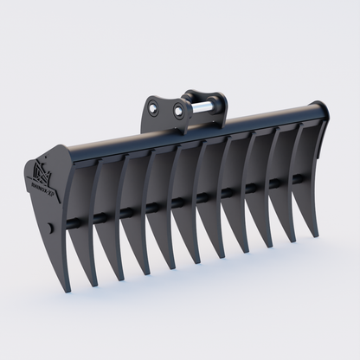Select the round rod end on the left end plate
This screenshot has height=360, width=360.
[x=51, y=228]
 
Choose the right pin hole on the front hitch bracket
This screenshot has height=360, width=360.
[x=180, y=110]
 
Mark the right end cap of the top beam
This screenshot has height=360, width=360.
[x=323, y=112]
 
